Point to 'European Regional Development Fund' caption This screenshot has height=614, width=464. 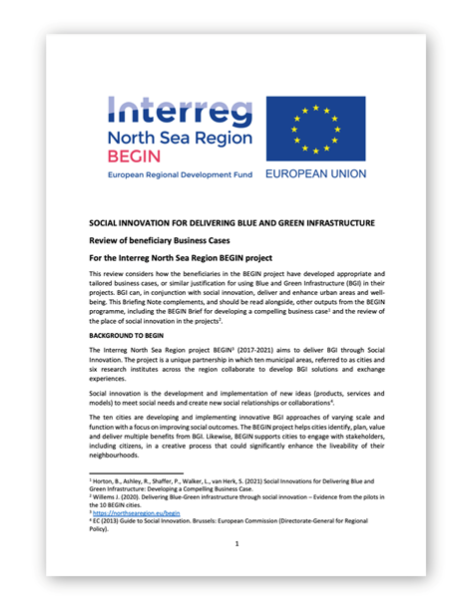coord(180,173)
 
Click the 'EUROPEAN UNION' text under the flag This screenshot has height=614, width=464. coord(315,173)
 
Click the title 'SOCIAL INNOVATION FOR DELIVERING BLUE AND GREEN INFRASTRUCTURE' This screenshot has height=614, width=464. coord(232,222)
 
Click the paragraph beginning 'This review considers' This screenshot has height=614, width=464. coord(232,296)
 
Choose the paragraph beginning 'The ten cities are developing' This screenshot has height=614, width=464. coord(232,445)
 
